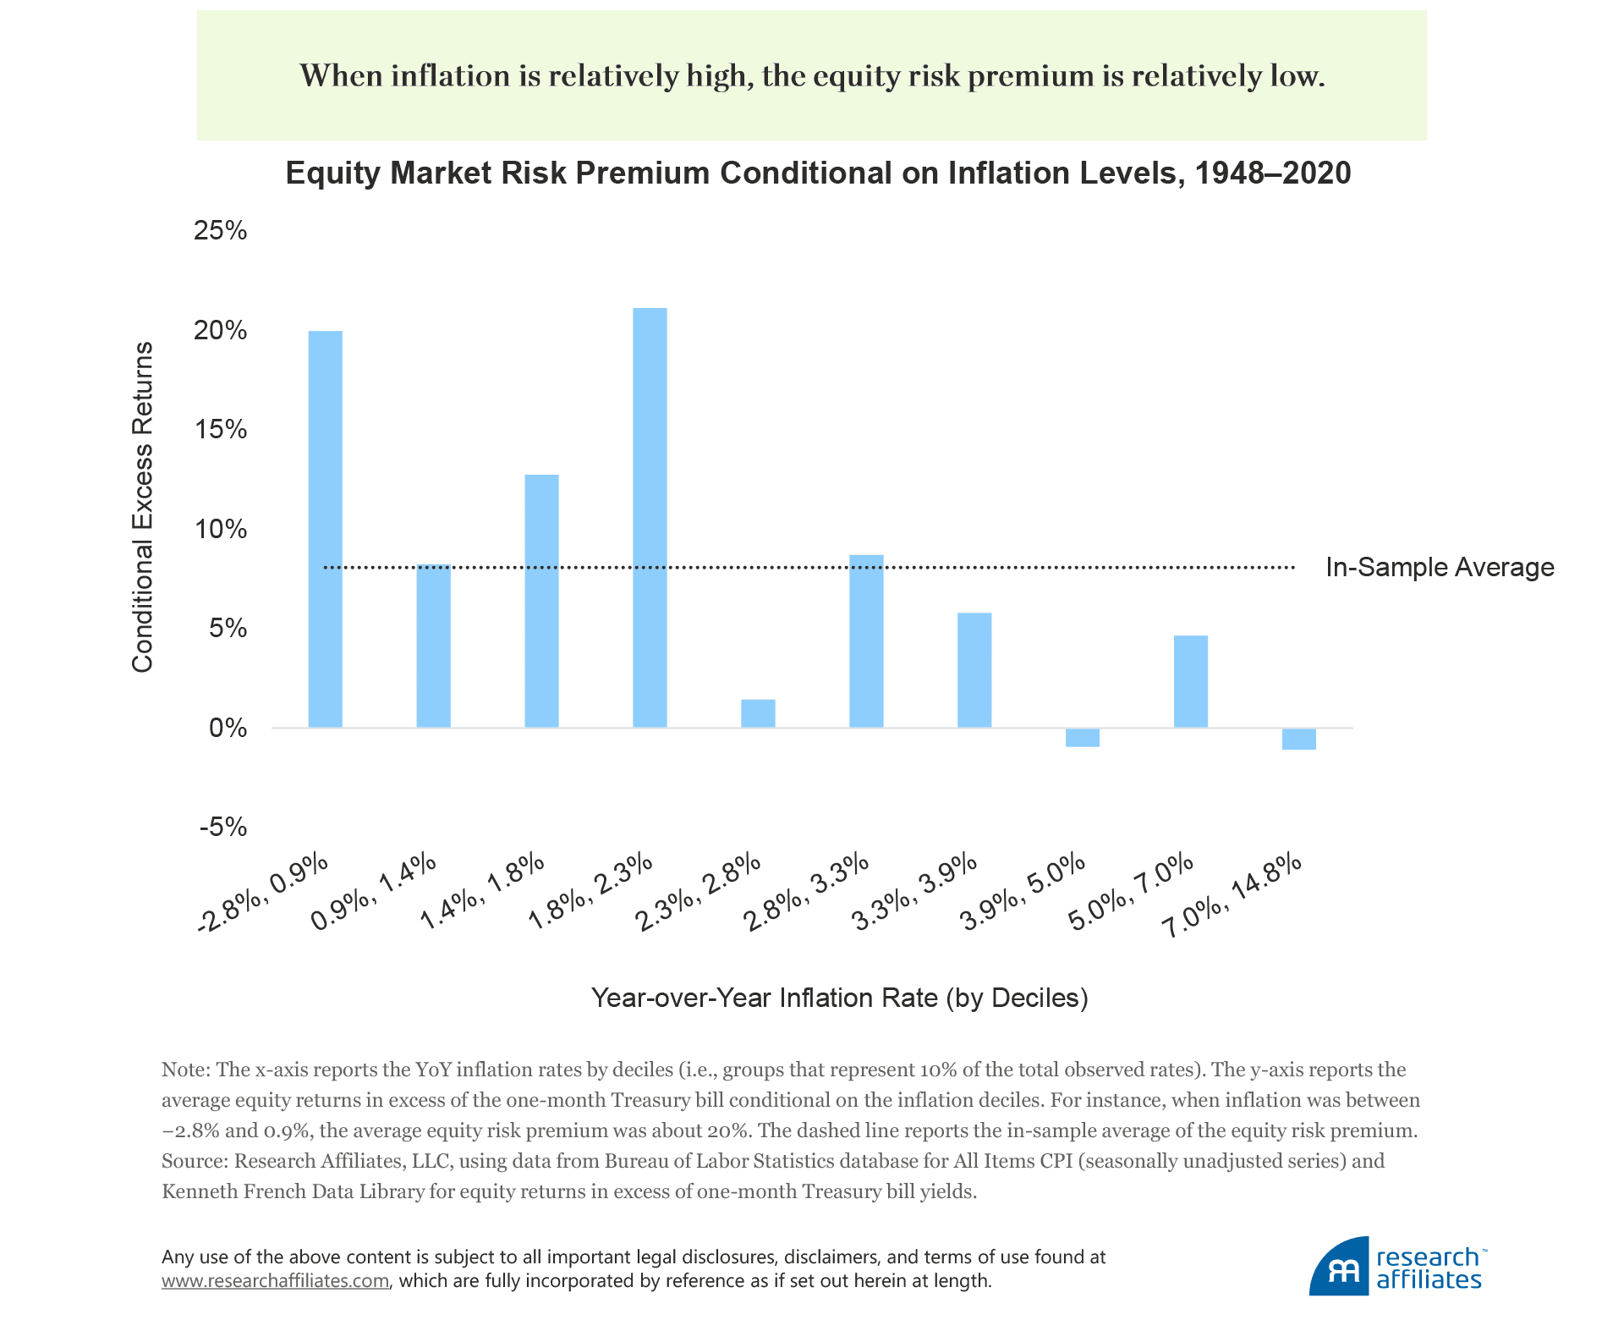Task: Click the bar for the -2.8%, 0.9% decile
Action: click(326, 529)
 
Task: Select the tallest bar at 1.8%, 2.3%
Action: click(650, 518)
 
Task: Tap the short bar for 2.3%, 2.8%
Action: click(758, 713)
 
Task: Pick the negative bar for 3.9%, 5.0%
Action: click(1083, 738)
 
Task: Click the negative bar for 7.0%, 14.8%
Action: click(1298, 739)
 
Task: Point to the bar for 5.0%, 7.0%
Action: click(1191, 681)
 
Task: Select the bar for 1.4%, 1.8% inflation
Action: click(541, 601)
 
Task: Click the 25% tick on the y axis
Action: click(221, 230)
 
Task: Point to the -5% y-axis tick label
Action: click(223, 827)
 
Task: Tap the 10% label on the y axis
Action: click(221, 530)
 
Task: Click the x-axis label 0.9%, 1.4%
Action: click(375, 893)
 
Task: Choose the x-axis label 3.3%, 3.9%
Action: click(915, 893)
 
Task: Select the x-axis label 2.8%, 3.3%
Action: click(807, 893)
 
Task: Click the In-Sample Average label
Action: click(1440, 567)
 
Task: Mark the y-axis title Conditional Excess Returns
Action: click(143, 507)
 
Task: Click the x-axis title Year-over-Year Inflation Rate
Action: click(839, 998)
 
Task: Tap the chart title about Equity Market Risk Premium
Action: click(818, 173)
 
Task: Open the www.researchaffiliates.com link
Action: click(276, 1281)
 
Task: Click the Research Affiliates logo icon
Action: click(1339, 1267)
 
